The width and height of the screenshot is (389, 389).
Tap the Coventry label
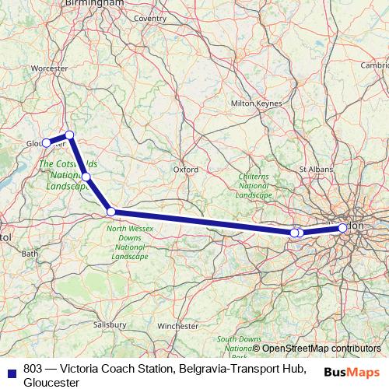[150, 18]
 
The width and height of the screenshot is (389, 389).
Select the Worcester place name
[50, 68]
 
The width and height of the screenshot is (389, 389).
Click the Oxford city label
[185, 168]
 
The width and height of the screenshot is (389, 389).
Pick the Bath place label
[30, 254]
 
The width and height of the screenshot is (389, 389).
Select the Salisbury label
[108, 324]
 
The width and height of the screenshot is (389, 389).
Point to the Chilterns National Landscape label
[253, 186]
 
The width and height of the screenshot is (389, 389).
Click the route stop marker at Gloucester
[47, 142]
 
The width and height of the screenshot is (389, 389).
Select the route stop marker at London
[342, 227]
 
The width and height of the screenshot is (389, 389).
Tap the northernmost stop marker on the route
[69, 135]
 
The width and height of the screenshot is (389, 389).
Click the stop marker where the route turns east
[111, 212]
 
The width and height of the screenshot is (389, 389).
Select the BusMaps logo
[352, 372]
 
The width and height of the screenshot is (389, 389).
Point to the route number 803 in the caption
[33, 368]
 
